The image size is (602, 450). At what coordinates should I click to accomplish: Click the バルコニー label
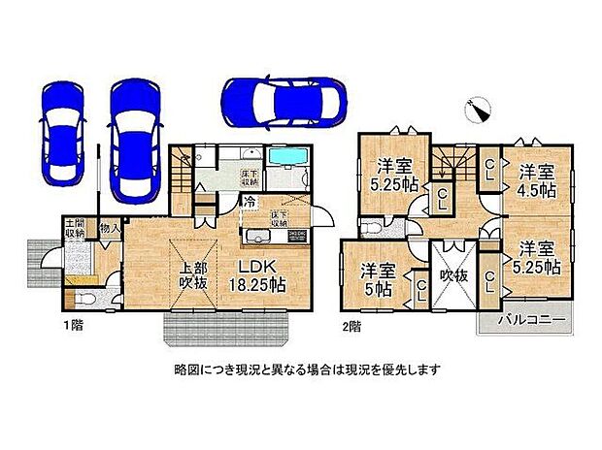click(525, 319)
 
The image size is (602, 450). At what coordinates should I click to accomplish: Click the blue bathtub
click(285, 158)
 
